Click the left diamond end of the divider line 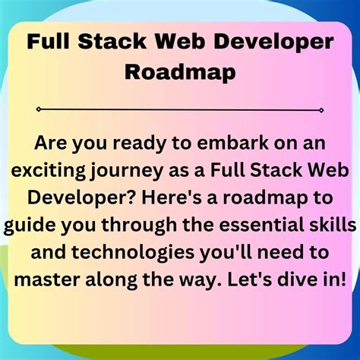point(39,109)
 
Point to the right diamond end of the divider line point(323,109)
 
